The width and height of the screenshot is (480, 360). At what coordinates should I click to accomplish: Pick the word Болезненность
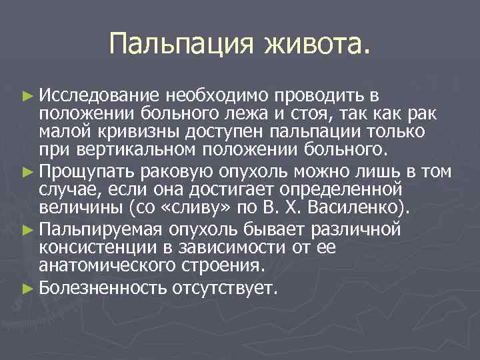(103, 289)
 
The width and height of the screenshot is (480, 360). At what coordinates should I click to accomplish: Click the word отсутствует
(223, 289)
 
